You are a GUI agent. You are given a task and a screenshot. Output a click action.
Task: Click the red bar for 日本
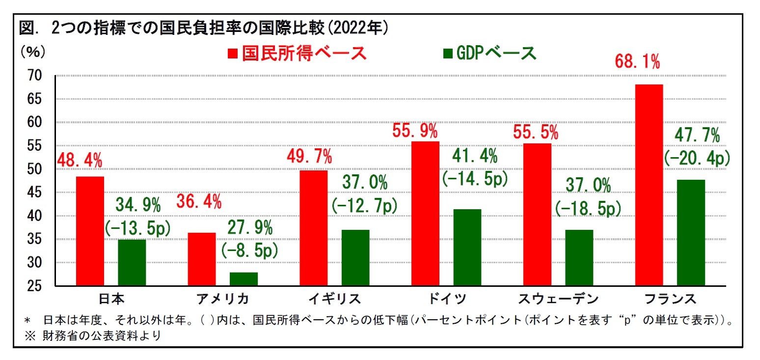(x=90, y=231)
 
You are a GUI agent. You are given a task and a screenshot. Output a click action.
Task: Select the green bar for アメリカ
(x=244, y=279)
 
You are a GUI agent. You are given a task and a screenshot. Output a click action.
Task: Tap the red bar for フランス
(x=649, y=185)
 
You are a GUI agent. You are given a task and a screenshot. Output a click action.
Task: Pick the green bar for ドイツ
(x=467, y=247)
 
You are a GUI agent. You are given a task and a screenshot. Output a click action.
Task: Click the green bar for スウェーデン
(x=579, y=257)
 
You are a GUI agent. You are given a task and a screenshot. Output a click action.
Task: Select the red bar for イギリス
(x=313, y=228)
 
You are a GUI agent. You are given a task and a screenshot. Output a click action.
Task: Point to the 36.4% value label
(x=199, y=201)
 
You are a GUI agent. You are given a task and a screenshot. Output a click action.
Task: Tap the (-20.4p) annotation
(x=696, y=158)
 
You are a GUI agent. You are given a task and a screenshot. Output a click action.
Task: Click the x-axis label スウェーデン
(x=558, y=299)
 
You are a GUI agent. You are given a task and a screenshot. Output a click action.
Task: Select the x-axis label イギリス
(x=335, y=299)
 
